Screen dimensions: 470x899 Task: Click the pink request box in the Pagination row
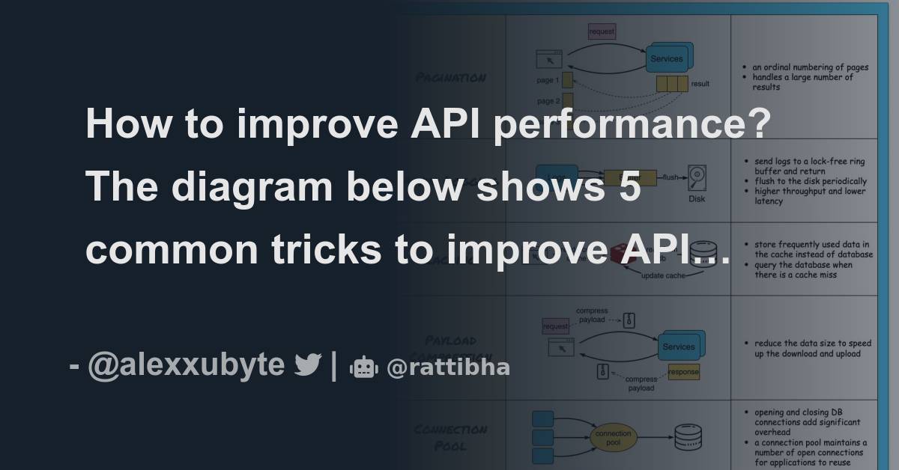[x=602, y=31]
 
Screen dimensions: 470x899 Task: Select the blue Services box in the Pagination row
[x=666, y=58]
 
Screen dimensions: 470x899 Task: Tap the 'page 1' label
[x=548, y=80]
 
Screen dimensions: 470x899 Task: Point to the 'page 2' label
[x=548, y=101]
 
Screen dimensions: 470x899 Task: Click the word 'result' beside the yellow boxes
[x=700, y=84]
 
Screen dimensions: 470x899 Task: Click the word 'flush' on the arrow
[x=670, y=177]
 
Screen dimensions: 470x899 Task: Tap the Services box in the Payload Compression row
[x=679, y=347]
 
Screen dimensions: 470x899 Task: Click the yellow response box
[x=683, y=371]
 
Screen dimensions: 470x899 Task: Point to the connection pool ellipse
[x=614, y=439]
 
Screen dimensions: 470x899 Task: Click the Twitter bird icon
[x=307, y=365]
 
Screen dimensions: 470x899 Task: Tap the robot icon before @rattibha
[x=364, y=367]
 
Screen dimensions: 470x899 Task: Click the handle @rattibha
[x=448, y=367]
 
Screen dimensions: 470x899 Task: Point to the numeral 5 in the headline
[x=629, y=186]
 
